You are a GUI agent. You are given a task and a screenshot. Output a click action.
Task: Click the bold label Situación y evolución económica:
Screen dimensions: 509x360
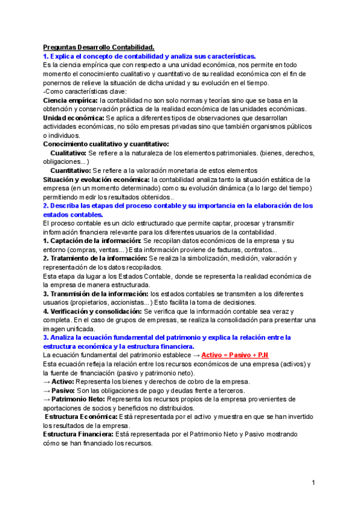[x=96, y=179]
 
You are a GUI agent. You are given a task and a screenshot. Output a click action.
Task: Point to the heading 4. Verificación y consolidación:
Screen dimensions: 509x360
[x=93, y=312]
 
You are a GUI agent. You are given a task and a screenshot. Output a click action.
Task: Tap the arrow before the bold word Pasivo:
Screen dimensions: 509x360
[x=47, y=390]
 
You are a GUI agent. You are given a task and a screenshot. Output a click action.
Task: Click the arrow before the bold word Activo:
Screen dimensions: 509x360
[x=47, y=382]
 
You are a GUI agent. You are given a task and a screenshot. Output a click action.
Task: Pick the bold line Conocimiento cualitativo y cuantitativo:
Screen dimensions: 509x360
[x=106, y=144]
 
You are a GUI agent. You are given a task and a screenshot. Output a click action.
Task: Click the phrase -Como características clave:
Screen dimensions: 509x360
[x=85, y=91]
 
